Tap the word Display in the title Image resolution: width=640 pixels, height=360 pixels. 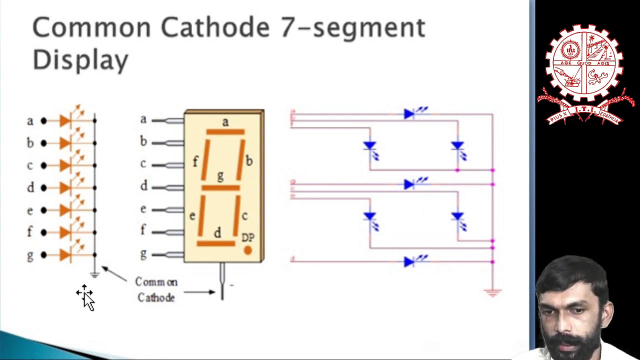(80, 60)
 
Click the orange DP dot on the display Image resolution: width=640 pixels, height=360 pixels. (247, 250)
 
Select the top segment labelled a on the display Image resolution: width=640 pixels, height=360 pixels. (225, 132)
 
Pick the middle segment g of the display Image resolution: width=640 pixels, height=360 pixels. (220, 188)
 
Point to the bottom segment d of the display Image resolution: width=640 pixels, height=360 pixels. (216, 243)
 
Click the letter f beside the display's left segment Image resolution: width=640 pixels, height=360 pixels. (195, 161)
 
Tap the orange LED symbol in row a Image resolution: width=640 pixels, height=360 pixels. (65, 120)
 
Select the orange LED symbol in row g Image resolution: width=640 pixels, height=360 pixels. (65, 255)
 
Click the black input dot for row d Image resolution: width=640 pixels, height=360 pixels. (43, 188)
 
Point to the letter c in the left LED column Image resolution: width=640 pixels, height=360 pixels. (30, 165)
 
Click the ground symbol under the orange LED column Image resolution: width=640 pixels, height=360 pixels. (94, 274)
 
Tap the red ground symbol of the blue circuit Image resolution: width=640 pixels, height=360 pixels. (492, 293)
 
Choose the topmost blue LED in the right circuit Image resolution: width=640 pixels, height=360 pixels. (409, 114)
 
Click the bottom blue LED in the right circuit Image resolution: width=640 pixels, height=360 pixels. (409, 261)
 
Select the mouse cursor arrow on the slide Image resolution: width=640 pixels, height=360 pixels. (87, 298)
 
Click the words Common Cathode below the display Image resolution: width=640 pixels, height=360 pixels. (156, 289)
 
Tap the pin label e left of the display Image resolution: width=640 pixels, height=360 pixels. (143, 209)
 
